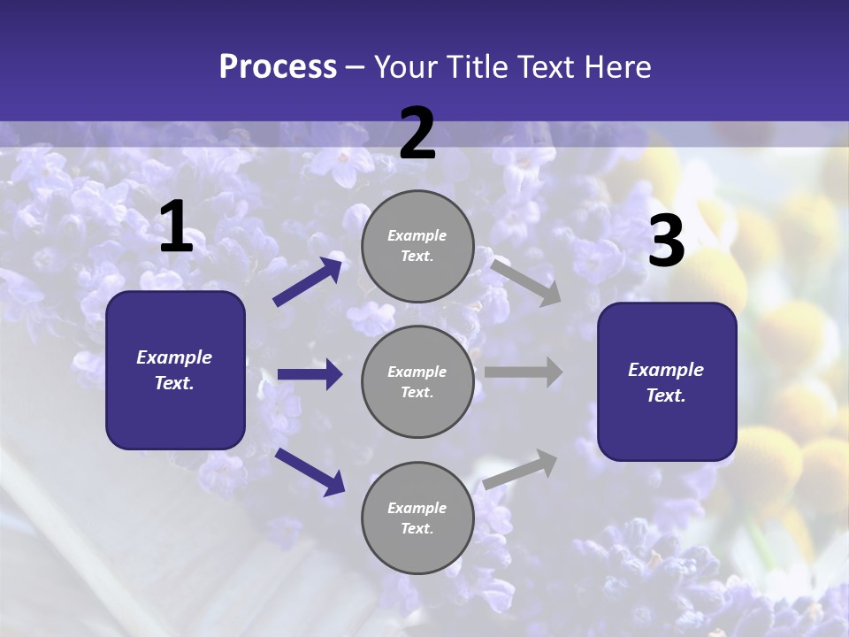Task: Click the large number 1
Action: (x=176, y=227)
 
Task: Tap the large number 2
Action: (x=417, y=134)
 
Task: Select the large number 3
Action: (x=666, y=242)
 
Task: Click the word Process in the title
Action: (x=278, y=66)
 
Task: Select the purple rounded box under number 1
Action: (x=175, y=370)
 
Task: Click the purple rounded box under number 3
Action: (x=667, y=381)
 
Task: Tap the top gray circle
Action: (x=417, y=245)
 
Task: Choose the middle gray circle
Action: (x=417, y=381)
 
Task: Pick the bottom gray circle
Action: (x=417, y=518)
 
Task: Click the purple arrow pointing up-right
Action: (x=309, y=280)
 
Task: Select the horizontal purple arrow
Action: (x=310, y=374)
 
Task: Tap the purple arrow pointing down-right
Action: (x=310, y=472)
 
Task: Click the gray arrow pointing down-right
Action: (x=526, y=282)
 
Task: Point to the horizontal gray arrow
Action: (x=524, y=372)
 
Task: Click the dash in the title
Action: (x=356, y=67)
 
